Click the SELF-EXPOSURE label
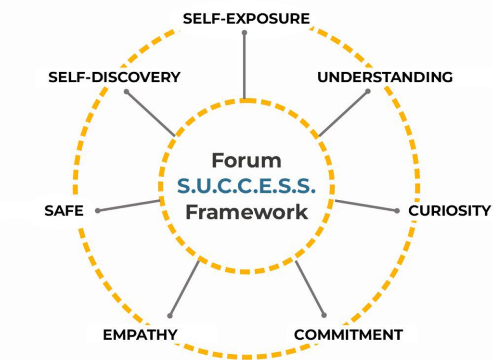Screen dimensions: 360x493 tap(246, 19)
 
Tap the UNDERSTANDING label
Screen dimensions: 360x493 tap(385, 77)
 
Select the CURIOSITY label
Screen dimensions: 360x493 tap(449, 211)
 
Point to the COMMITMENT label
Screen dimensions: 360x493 tap(348, 334)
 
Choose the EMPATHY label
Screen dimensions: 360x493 tap(140, 334)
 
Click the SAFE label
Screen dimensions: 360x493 tap(64, 211)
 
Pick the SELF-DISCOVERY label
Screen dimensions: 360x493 tap(114, 77)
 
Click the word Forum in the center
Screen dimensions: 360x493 tap(246, 160)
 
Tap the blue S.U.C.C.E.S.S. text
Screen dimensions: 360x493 tap(246, 186)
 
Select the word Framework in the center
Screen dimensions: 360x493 tap(246, 212)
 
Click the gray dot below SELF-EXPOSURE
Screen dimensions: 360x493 tap(245, 33)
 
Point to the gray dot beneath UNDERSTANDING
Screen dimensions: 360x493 tap(368, 90)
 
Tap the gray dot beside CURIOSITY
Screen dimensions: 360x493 tap(397, 211)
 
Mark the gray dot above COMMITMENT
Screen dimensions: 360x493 tap(324, 315)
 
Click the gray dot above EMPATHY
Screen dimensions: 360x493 tap(169, 316)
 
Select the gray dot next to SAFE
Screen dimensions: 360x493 tap(98, 210)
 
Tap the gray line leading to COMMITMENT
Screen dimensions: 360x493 tap(310, 288)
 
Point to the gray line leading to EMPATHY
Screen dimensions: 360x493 tap(184, 288)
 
